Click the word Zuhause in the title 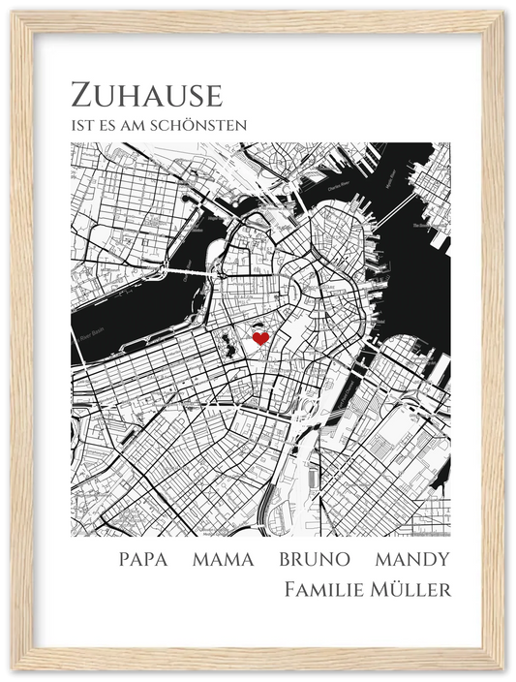[x=146, y=95]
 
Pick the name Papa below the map [x=142, y=559]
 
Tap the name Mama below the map [x=223, y=559]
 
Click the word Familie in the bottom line [x=322, y=589]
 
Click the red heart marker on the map [x=259, y=338]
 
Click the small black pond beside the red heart [x=228, y=345]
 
